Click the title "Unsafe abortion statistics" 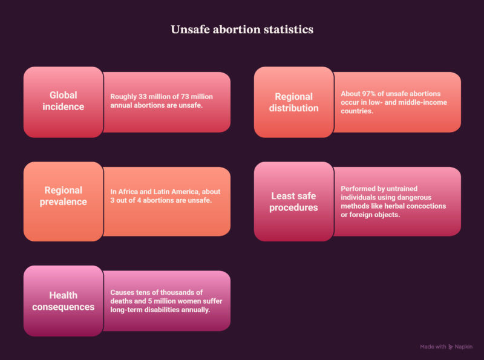[x=242, y=29]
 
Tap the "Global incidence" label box [x=64, y=102]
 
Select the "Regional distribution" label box [x=294, y=102]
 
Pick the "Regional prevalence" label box [x=64, y=201]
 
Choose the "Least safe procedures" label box [x=294, y=201]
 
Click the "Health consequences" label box [x=64, y=301]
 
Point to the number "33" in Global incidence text [x=143, y=97]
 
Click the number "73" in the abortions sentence [x=185, y=97]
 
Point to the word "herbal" [x=393, y=206]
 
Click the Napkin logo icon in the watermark [x=451, y=347]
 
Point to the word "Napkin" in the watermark [x=463, y=347]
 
